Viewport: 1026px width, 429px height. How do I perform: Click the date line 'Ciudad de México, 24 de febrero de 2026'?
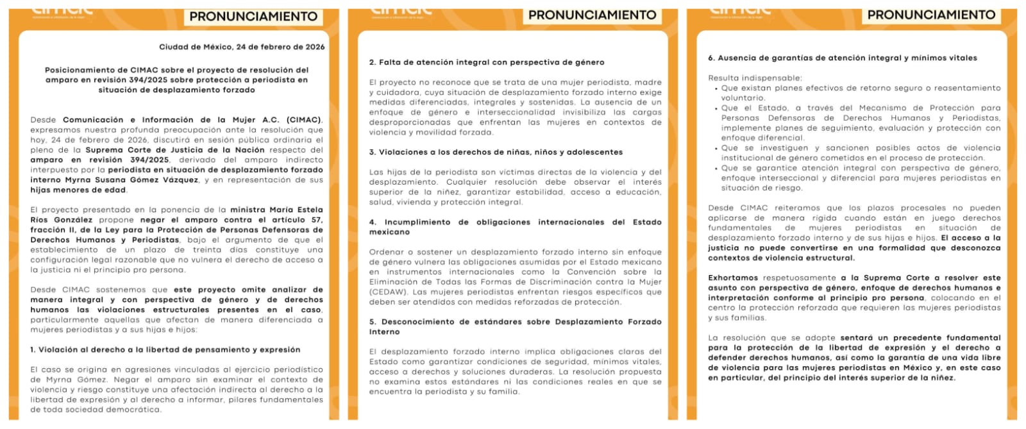pyautogui.click(x=242, y=47)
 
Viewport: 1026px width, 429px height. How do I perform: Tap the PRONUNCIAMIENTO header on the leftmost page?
pyautogui.click(x=253, y=17)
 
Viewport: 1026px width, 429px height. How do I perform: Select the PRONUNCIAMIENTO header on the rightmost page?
pyautogui.click(x=931, y=15)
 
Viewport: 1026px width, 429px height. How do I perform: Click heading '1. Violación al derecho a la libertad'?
pyautogui.click(x=165, y=349)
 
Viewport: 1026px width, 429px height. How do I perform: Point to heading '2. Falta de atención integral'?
pyautogui.click(x=487, y=62)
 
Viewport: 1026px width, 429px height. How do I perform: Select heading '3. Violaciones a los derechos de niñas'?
pyautogui.click(x=496, y=152)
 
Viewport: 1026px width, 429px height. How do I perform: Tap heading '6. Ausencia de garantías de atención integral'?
pyautogui.click(x=843, y=58)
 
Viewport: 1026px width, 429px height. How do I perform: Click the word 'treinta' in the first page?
pyautogui.click(x=206, y=250)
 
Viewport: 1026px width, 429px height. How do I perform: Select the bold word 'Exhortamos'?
pyautogui.click(x=733, y=278)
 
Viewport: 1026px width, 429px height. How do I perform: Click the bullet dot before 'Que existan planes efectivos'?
pyautogui.click(x=716, y=88)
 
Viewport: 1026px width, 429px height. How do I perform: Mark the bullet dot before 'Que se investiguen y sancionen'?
pyautogui.click(x=716, y=148)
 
